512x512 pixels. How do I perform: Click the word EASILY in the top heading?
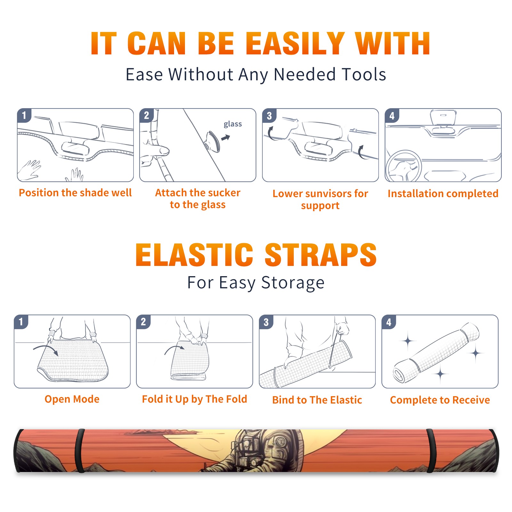(295, 44)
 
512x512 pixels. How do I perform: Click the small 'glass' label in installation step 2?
(233, 124)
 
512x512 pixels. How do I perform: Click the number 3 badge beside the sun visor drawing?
(269, 116)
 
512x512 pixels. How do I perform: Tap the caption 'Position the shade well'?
(75, 193)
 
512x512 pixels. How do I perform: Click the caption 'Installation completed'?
(443, 194)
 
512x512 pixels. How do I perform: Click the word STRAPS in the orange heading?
(321, 255)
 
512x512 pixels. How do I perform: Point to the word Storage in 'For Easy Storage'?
(293, 283)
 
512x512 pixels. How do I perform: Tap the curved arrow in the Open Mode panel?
(45, 349)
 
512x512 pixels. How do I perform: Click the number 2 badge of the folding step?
(143, 322)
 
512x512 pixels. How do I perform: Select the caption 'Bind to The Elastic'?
(317, 400)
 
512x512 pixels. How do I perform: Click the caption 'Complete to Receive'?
(440, 400)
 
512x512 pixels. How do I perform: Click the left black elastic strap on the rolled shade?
(80, 451)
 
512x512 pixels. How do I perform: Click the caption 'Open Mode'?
(72, 399)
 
